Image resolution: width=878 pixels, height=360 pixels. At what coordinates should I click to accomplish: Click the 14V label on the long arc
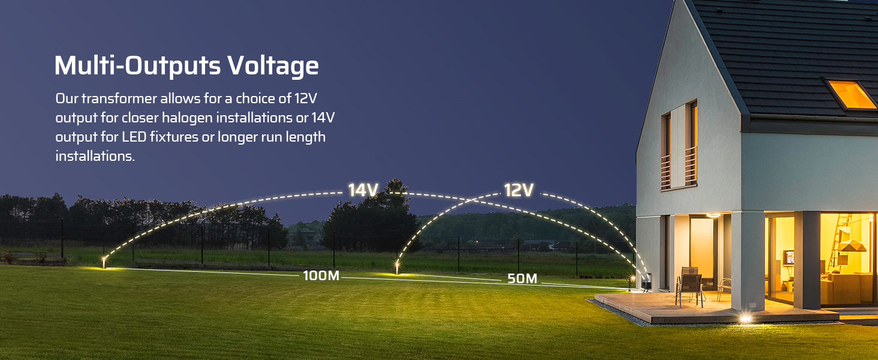click(x=363, y=190)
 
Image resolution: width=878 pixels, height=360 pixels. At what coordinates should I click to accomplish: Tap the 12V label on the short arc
click(x=519, y=190)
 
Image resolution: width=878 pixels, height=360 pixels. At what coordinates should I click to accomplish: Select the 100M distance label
click(x=321, y=275)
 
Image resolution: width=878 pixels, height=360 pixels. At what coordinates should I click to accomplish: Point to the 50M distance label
click(x=522, y=278)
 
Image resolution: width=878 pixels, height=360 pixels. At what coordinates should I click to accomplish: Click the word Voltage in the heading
click(x=273, y=65)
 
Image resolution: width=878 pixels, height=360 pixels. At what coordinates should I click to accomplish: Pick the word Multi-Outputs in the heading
click(x=137, y=65)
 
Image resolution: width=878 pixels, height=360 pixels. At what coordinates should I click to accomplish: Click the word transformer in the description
click(x=119, y=98)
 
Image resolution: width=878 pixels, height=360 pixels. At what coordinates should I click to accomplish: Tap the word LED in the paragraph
click(x=134, y=137)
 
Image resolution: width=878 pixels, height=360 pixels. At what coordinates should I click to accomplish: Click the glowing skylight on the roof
click(x=851, y=95)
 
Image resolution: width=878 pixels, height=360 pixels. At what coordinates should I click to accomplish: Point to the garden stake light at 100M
click(x=104, y=262)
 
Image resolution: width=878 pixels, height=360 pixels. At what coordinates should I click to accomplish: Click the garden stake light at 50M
click(x=397, y=268)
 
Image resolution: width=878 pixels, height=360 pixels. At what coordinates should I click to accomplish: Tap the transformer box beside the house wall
click(x=646, y=282)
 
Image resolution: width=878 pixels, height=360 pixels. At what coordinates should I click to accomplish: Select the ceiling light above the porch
click(x=714, y=215)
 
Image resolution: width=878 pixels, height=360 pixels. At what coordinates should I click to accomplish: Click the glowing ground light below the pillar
click(x=745, y=319)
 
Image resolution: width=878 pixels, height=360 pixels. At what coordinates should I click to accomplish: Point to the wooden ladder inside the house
click(x=838, y=243)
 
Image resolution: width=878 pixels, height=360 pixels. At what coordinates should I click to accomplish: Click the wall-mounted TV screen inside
click(x=789, y=257)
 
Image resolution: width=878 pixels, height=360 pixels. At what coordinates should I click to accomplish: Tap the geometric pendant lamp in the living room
click(x=852, y=246)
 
